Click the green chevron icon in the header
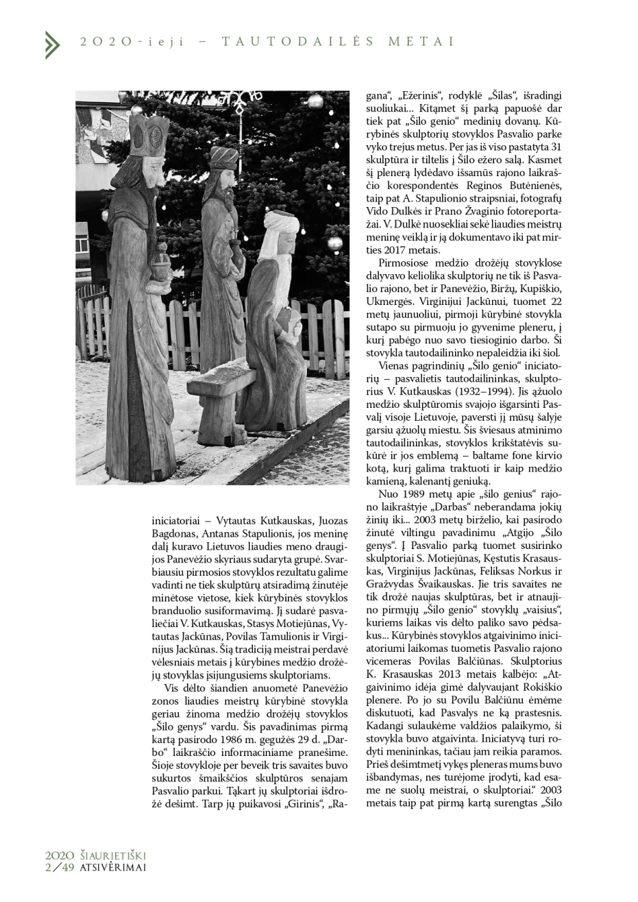(52, 45)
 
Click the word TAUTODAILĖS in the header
(297, 42)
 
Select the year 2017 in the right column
(397, 249)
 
